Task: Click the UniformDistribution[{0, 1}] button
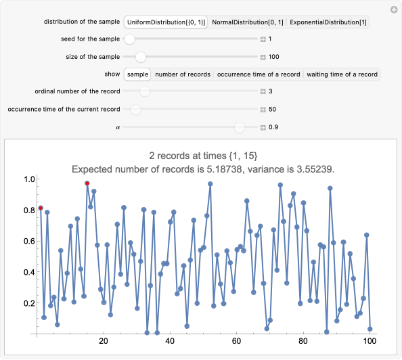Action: tap(165, 22)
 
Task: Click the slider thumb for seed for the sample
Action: tap(129, 39)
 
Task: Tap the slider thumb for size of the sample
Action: tap(140, 57)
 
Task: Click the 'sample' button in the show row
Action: tap(137, 74)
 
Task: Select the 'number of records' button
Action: tap(182, 74)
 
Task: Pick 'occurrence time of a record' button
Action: tap(258, 74)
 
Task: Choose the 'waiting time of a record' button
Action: tap(342, 74)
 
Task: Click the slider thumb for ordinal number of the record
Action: tap(145, 91)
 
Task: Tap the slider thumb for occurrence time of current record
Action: tap(135, 109)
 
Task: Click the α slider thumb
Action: tap(239, 127)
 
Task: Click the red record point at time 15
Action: tap(87, 183)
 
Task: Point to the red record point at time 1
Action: tap(41, 208)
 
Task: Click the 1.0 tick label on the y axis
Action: tap(28, 179)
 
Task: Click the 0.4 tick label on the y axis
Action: tap(28, 272)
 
